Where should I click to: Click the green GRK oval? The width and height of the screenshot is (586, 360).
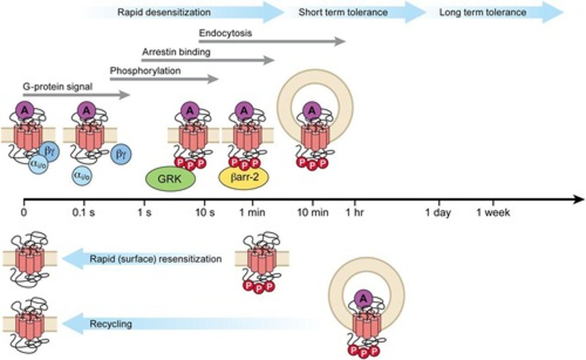pos(171,179)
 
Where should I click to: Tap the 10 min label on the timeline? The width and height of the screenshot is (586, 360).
pos(313,212)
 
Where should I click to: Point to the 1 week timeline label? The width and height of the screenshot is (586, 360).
pos(493,212)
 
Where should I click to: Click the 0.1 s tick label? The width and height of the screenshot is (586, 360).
pos(84,212)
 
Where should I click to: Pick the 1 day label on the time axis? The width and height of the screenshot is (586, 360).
pos(438,212)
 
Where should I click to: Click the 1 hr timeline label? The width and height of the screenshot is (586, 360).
pos(355,212)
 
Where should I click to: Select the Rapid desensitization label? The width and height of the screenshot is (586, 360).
pos(164,12)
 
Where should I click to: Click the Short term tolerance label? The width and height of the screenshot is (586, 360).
pos(343,12)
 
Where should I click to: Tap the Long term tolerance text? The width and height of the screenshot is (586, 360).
pos(483,12)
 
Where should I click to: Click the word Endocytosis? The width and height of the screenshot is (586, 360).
pos(225,33)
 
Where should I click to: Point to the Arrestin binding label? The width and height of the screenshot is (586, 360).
pos(176,52)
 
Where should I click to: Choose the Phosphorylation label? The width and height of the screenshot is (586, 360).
pos(145,71)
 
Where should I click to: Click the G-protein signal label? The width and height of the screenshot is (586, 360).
pos(58,87)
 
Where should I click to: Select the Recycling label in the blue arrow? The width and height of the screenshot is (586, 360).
pos(111,324)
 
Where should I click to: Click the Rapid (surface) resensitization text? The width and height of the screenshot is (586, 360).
pos(156,259)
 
